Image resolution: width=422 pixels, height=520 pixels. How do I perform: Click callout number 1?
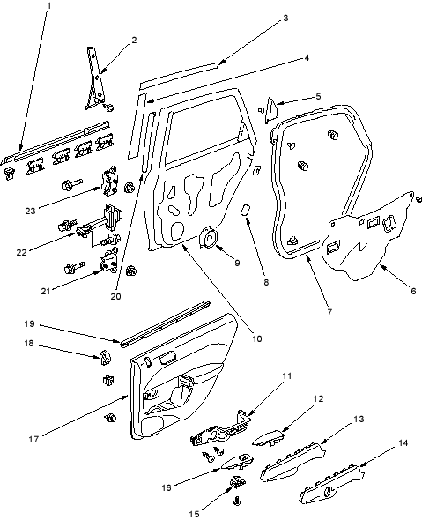tap(49, 5)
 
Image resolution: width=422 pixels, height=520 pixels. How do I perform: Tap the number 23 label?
tap(31, 211)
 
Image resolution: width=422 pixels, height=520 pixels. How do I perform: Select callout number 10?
tap(257, 338)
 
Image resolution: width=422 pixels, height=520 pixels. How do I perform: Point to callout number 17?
tap(33, 440)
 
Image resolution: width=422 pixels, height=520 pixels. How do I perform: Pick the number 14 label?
tap(403, 442)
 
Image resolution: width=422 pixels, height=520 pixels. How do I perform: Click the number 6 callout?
tap(413, 291)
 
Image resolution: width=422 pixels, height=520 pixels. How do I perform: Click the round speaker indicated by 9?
tap(209, 237)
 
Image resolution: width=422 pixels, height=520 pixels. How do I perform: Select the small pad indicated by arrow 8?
tap(246, 210)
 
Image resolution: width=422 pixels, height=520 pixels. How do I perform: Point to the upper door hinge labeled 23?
tap(109, 183)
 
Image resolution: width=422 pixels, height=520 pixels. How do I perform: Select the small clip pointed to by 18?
tap(105, 357)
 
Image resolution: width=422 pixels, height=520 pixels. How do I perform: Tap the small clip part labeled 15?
tap(238, 482)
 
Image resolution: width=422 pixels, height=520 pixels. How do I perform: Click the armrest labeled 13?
tap(292, 461)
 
